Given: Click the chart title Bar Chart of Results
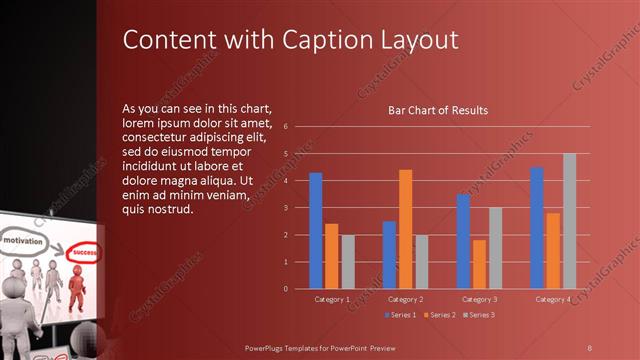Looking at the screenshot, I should coord(438,110).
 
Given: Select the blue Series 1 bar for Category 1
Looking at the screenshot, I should coord(316,230).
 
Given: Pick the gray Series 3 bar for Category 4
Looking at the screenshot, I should coord(570,221).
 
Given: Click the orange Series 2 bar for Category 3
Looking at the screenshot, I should coord(479,264).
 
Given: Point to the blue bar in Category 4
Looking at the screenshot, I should coord(537,228).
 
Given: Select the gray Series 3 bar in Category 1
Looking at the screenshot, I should coord(348,262).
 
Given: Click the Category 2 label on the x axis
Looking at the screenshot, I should coord(406,299).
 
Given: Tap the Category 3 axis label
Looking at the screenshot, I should coord(478,299).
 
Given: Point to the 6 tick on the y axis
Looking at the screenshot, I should coord(286,127).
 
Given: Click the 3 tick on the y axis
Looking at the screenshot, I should coord(286,208).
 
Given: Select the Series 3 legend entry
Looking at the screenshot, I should coord(477,315).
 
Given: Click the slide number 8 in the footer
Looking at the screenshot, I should coord(590,346).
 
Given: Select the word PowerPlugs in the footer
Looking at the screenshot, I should coord(271,346).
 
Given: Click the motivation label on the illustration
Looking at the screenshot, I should coord(23,242).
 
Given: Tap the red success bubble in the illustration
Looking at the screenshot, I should coord(81,253).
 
